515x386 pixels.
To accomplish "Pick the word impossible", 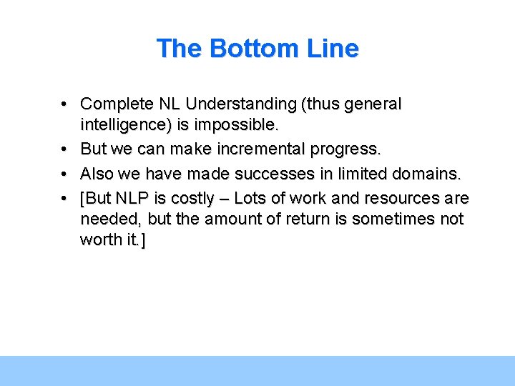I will pyautogui.click(x=235, y=125).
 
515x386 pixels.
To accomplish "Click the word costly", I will pyautogui.click(x=192, y=198).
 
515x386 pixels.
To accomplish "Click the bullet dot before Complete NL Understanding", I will pyautogui.click(x=64, y=104).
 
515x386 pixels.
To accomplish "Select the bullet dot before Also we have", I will pyautogui.click(x=64, y=174).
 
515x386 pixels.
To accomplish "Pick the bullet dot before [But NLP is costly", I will pyautogui.click(x=64, y=198).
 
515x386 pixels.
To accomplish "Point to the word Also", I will pyautogui.click(x=97, y=174).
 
